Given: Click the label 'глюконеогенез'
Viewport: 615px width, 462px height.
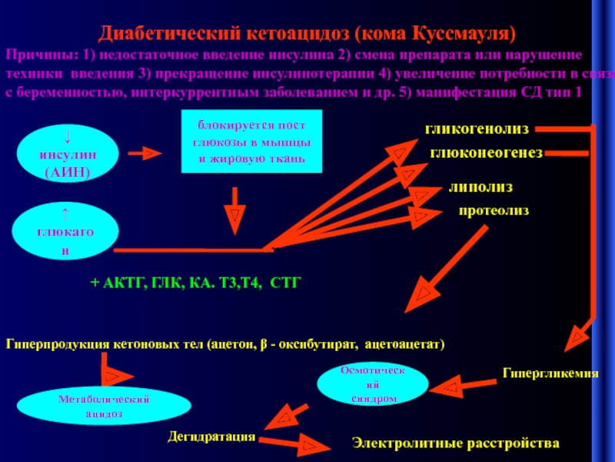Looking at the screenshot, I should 486,153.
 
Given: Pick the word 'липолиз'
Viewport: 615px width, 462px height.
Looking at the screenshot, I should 481,186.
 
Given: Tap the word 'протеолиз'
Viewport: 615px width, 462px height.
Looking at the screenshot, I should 494,210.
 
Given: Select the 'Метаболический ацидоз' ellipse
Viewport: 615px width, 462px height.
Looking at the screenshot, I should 104,406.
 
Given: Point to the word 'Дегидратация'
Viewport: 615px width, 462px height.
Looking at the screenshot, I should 211,437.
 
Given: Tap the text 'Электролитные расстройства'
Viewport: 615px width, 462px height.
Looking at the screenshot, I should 456,444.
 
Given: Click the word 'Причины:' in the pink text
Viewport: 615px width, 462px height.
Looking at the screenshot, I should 35,56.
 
